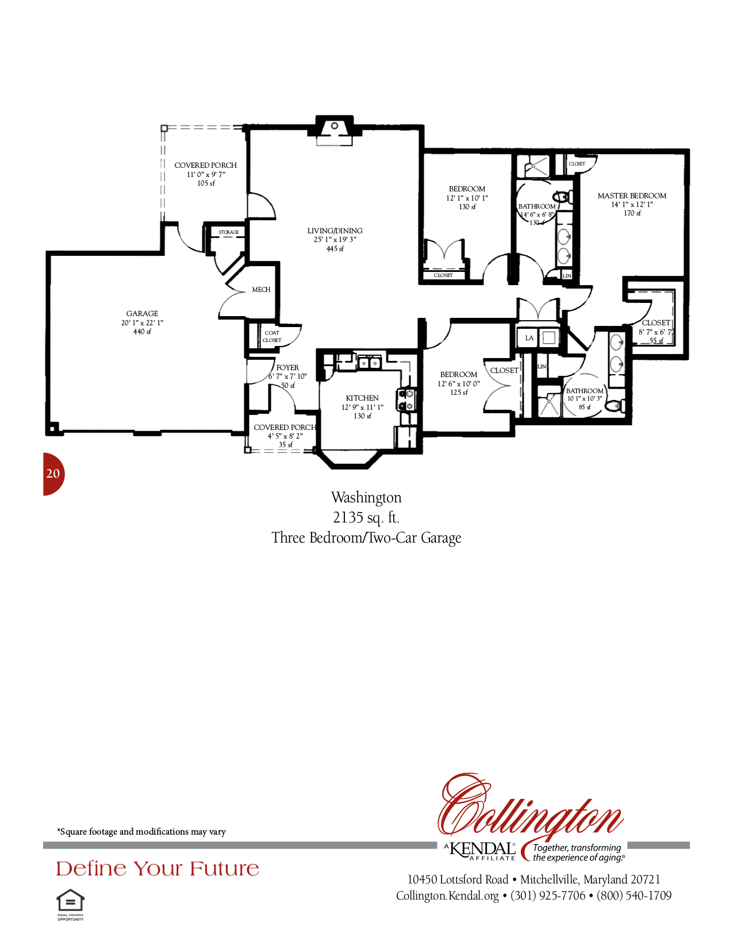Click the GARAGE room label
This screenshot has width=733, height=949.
(x=142, y=314)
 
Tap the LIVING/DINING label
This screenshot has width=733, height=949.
(x=335, y=231)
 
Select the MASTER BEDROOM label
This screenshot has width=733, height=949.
(x=632, y=196)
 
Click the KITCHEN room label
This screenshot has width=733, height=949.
(x=362, y=398)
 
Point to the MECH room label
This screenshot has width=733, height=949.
(x=261, y=290)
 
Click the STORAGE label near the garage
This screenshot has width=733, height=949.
(x=229, y=232)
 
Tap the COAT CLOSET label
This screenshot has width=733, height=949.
(x=272, y=336)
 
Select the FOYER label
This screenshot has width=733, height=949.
(x=287, y=368)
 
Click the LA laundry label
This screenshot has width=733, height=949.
(x=529, y=338)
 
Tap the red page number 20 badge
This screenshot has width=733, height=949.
(x=53, y=474)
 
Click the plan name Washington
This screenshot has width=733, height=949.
(x=366, y=498)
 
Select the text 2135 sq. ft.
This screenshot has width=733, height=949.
(x=366, y=518)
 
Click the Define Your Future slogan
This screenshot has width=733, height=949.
(x=158, y=869)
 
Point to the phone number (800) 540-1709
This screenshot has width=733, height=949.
(x=634, y=896)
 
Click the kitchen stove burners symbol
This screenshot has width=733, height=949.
(x=406, y=400)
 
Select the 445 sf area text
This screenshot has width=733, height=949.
(x=335, y=249)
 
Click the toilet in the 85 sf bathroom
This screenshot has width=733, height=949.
(x=613, y=406)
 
